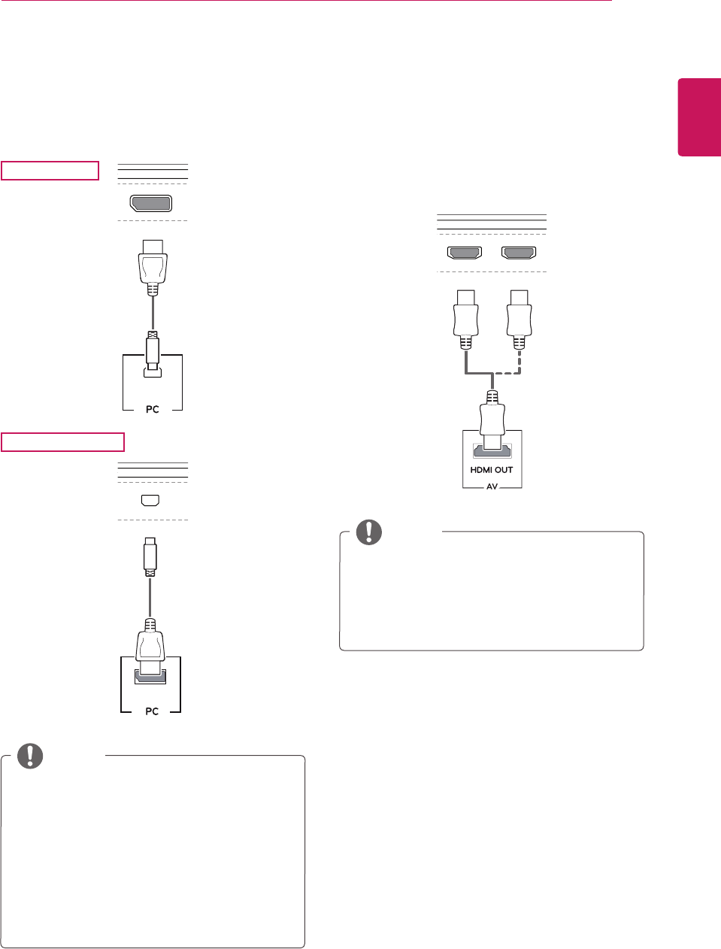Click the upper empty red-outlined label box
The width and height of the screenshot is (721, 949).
(50, 171)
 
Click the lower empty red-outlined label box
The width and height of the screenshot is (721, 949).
(62, 441)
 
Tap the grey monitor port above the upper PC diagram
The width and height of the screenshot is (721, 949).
(151, 203)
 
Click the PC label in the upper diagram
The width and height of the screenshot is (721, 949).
(153, 409)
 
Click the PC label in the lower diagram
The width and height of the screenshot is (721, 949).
(152, 711)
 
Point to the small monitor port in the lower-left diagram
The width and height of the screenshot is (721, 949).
(150, 500)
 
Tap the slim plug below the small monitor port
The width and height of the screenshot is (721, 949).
(150, 554)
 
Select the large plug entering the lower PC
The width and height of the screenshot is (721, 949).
(150, 647)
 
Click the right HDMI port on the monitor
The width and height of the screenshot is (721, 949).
(519, 253)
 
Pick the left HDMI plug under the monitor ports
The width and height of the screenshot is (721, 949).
(465, 316)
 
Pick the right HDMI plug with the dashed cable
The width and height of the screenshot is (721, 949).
(519, 316)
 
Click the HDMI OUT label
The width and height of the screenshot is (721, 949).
(492, 470)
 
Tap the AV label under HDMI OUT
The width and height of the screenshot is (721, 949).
(492, 487)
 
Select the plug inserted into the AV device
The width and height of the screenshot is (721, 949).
(492, 421)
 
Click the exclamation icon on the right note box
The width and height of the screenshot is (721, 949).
(369, 532)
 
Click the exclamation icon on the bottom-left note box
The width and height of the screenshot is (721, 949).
(31, 756)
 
